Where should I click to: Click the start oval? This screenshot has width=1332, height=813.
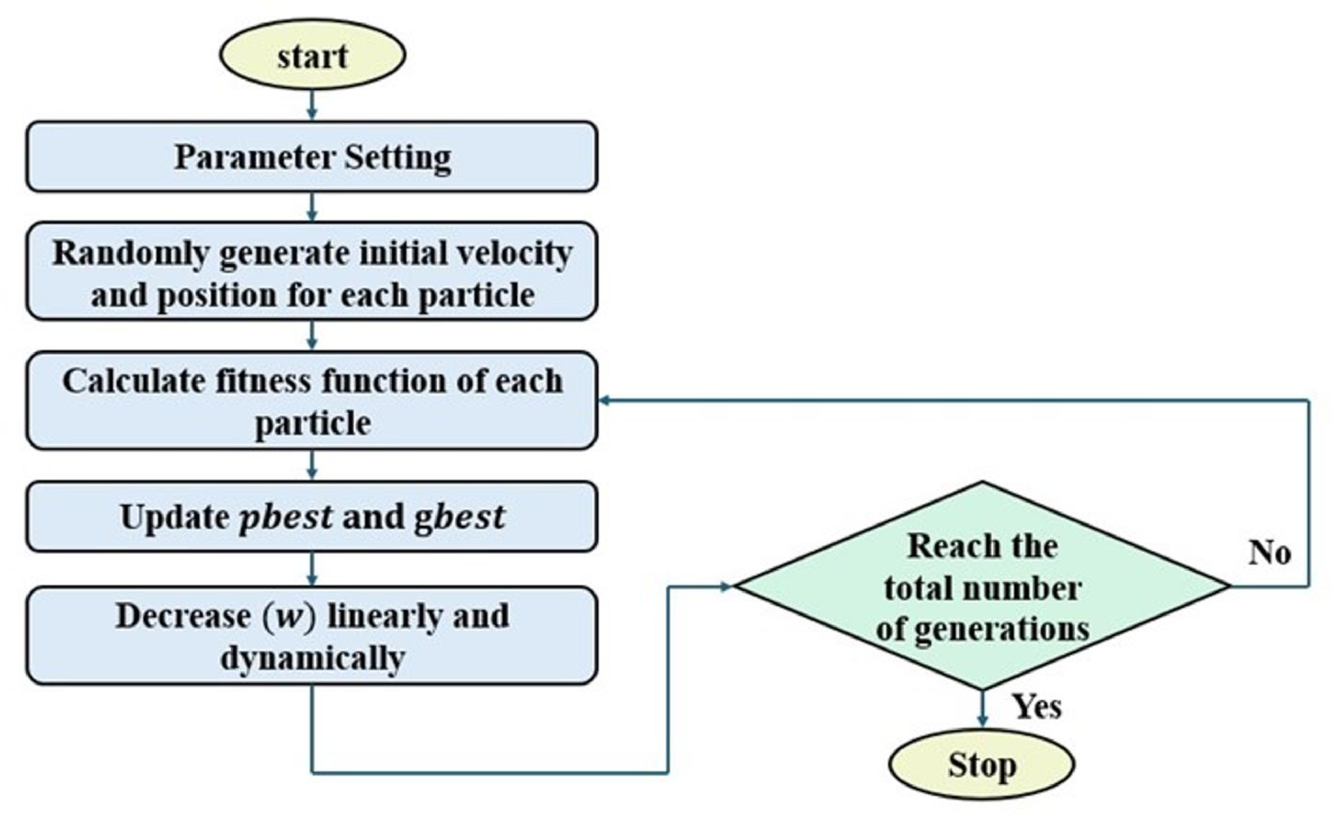(x=312, y=55)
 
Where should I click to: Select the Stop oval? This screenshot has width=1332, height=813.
(x=982, y=765)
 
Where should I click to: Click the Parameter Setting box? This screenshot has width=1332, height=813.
(x=312, y=157)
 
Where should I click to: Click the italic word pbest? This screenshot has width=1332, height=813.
(x=285, y=518)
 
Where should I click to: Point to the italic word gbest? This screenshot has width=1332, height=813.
(x=459, y=518)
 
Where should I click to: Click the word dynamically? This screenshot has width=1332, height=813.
(x=312, y=659)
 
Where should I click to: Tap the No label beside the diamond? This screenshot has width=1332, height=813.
(x=1269, y=552)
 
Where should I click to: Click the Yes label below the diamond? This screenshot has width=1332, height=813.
(x=1036, y=706)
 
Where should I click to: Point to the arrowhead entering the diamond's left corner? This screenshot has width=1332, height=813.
(x=726, y=586)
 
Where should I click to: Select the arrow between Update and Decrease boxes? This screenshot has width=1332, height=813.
(x=312, y=569)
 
